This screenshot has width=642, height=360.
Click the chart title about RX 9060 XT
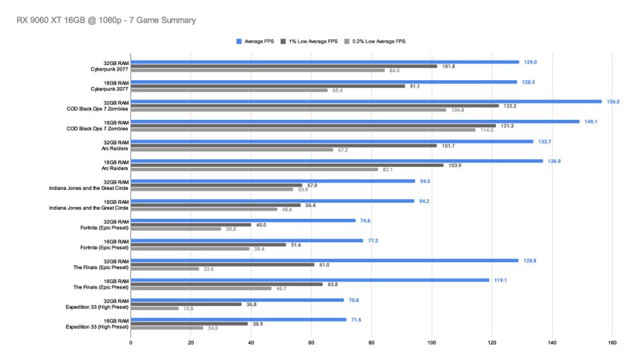click(x=106, y=20)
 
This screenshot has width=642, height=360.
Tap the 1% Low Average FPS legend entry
click(x=310, y=41)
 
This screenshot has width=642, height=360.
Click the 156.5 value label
click(x=611, y=102)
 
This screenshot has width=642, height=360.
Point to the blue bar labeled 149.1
click(x=355, y=122)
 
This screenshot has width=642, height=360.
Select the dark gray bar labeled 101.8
click(x=284, y=66)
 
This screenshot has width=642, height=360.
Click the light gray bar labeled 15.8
click(x=154, y=309)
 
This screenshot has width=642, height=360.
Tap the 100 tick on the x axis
click(x=431, y=342)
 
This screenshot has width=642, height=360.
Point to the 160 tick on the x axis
click(x=612, y=342)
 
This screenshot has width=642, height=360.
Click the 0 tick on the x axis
click(x=130, y=342)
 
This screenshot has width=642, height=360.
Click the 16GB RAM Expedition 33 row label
click(x=97, y=324)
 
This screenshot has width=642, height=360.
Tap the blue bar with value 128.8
click(x=324, y=260)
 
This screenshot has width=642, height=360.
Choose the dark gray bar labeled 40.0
click(x=191, y=225)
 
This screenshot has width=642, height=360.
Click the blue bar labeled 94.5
click(x=273, y=181)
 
